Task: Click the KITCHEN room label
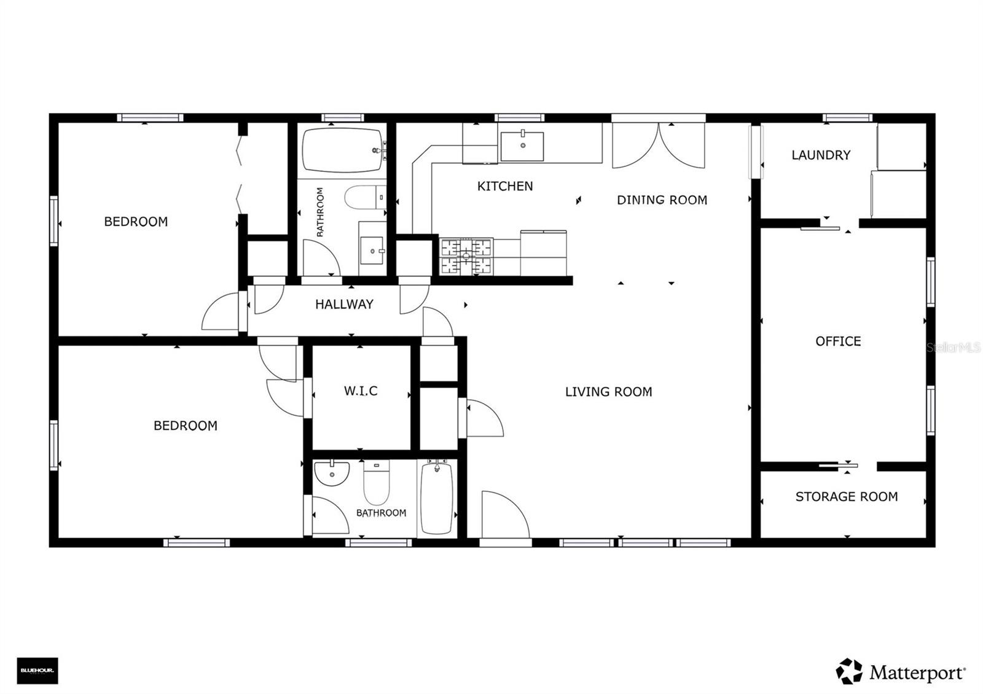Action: (505, 186)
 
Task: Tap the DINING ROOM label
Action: (662, 200)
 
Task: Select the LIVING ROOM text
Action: (608, 392)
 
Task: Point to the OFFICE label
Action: (838, 341)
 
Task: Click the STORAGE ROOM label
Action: (846, 497)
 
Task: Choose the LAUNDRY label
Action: (821, 155)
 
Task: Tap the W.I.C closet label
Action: (361, 391)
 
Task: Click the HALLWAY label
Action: (344, 304)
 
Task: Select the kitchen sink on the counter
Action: (522, 146)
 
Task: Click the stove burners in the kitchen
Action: (466, 256)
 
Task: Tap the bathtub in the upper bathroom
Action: (342, 150)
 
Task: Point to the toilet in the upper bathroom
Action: (364, 198)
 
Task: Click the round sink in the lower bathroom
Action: (332, 472)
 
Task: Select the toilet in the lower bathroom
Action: (377, 482)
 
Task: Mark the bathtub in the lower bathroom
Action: (437, 497)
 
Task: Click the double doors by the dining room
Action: (659, 146)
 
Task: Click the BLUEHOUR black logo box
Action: (37, 671)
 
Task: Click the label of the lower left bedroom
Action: (185, 426)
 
